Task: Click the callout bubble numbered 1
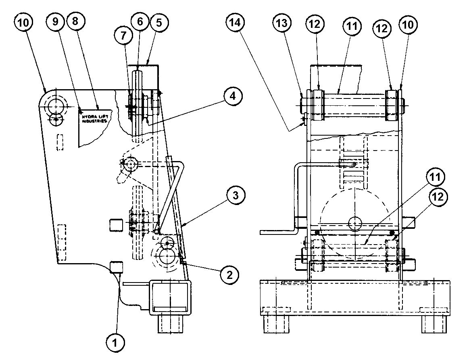pyautogui.click(x=115, y=343)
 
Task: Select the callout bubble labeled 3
pyautogui.click(x=236, y=196)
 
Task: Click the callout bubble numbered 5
pyautogui.click(x=158, y=23)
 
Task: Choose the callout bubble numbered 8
pyautogui.click(x=75, y=23)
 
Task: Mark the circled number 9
pyautogui.click(x=55, y=23)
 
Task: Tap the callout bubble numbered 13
pyautogui.click(x=281, y=23)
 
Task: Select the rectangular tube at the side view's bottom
pyautogui.click(x=169, y=297)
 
